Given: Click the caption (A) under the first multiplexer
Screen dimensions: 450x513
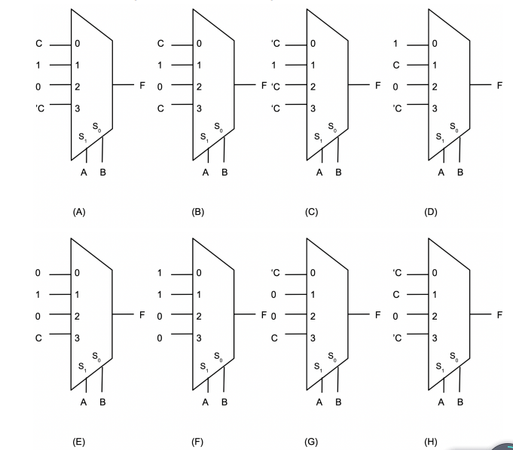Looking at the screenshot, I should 79,213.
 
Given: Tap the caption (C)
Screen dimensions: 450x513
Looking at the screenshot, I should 311,213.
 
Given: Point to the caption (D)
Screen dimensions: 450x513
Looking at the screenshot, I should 431,213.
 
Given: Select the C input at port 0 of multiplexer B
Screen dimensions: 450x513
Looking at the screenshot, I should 160,44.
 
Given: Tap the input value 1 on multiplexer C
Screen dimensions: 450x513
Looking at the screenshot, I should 275,65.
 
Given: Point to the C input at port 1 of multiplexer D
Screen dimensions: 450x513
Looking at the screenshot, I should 395,65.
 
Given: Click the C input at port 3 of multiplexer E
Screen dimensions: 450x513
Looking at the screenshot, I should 39,338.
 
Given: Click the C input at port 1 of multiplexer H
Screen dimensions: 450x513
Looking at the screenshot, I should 395,294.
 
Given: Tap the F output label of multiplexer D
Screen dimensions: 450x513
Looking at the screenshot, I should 498,85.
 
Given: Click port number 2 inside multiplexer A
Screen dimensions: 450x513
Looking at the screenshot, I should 77,87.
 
